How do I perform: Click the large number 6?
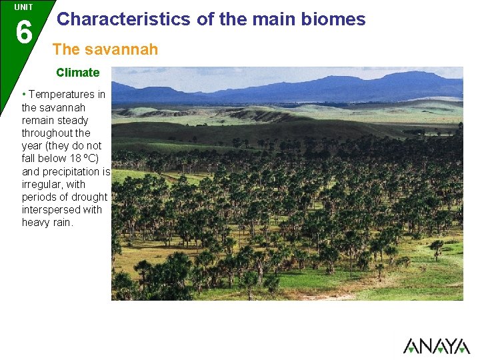click(23, 32)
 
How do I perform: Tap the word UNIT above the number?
click(23, 7)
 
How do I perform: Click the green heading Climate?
click(77, 73)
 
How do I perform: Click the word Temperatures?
click(57, 95)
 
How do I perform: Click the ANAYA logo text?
click(436, 346)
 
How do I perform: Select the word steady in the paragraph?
click(73, 121)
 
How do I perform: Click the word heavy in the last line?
click(35, 222)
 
